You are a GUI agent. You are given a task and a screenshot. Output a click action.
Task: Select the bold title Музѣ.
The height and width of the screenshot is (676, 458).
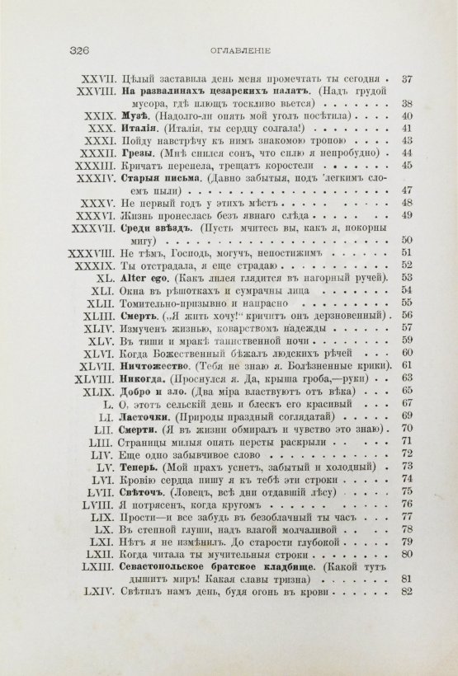click(133, 116)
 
